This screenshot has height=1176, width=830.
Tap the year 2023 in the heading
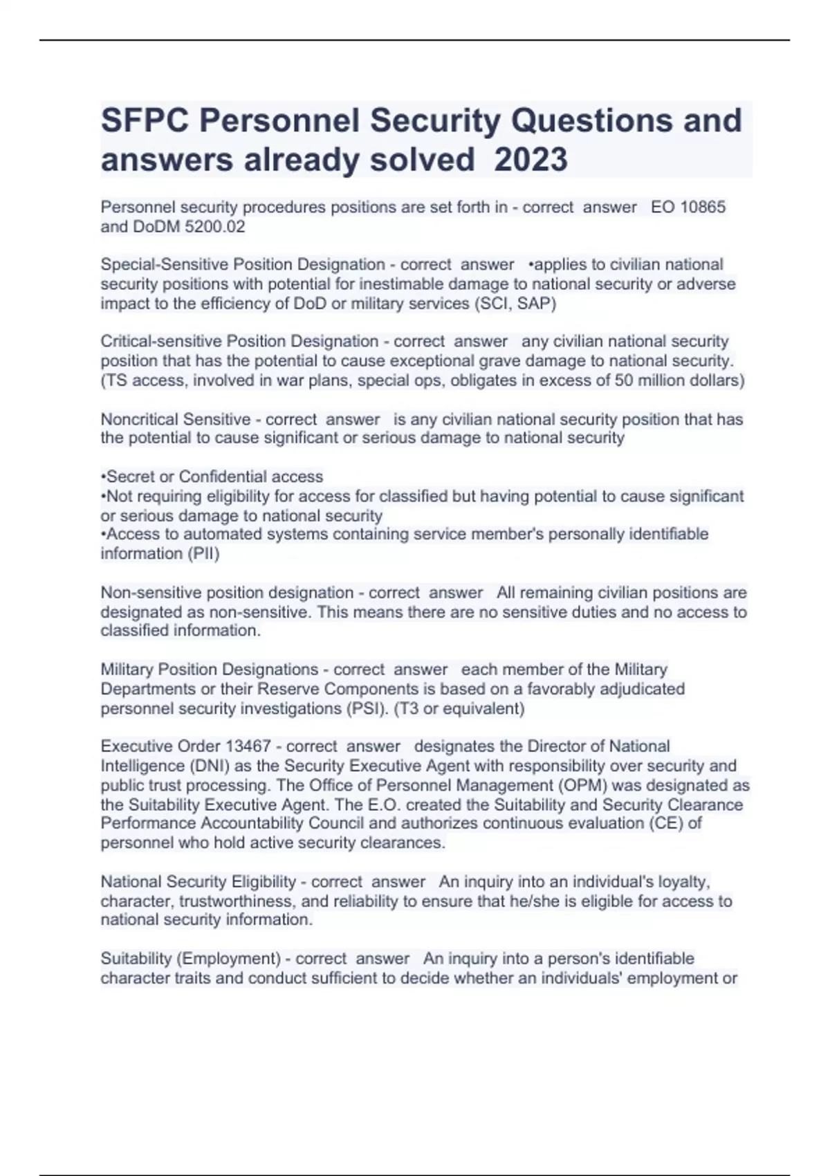(531, 160)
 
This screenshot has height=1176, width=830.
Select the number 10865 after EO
(703, 207)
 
